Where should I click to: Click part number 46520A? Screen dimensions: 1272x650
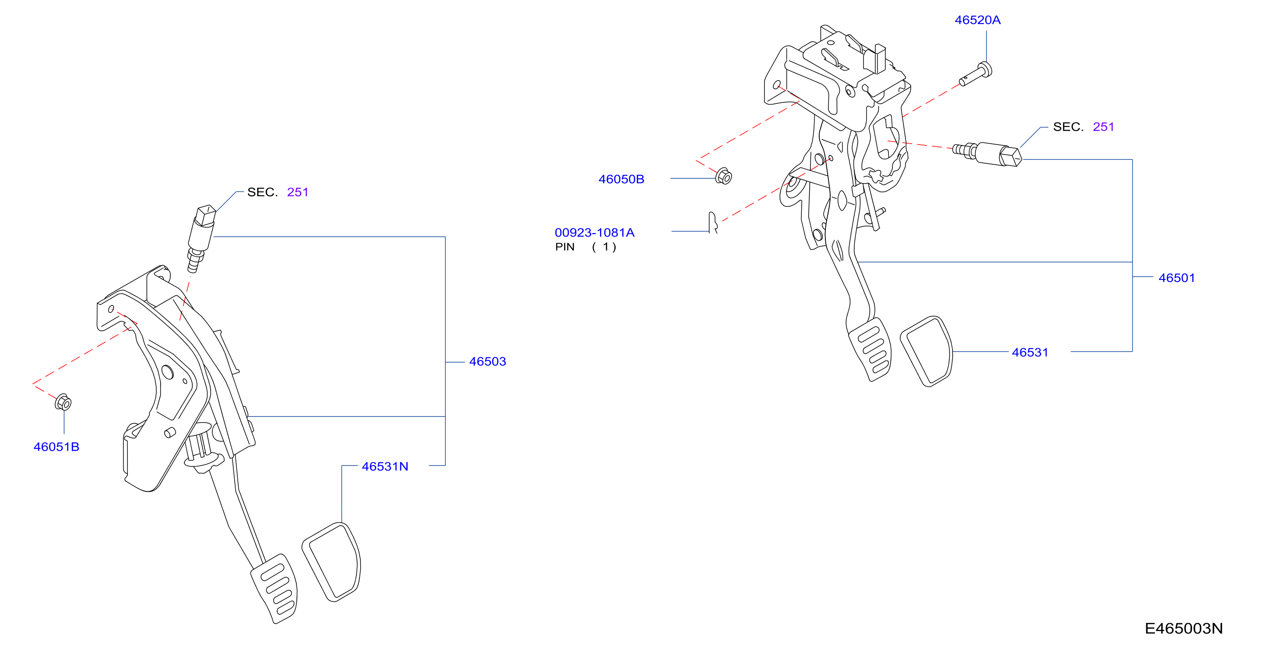pyautogui.click(x=977, y=20)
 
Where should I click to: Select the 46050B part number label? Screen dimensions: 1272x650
pyautogui.click(x=621, y=179)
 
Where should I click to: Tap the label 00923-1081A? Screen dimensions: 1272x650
pyautogui.click(x=595, y=233)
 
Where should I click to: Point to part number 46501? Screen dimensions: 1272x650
pyautogui.click(x=1176, y=278)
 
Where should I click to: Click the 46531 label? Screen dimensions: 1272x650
pyautogui.click(x=1029, y=353)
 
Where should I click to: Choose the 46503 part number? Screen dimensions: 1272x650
pyautogui.click(x=487, y=361)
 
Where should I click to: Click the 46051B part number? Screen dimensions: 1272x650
pyautogui.click(x=56, y=447)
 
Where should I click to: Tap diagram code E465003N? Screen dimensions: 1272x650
pyautogui.click(x=1184, y=629)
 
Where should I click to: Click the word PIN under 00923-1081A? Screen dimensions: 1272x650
pyautogui.click(x=564, y=247)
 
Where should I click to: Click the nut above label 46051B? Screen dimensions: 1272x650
pyautogui.click(x=63, y=402)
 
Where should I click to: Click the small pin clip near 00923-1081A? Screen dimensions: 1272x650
pyautogui.click(x=712, y=222)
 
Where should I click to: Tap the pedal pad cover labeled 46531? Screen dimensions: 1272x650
pyautogui.click(x=927, y=351)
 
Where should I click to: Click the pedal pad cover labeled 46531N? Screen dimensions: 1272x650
pyautogui.click(x=331, y=562)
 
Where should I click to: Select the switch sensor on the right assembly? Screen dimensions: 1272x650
pyautogui.click(x=987, y=154)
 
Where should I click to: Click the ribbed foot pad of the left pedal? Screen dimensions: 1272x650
pyautogui.click(x=275, y=588)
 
